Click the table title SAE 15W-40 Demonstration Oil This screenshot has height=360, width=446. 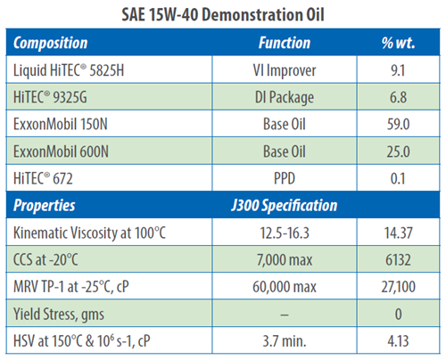(x=223, y=14)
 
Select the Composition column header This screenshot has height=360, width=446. (x=51, y=43)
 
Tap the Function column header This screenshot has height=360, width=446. (x=285, y=43)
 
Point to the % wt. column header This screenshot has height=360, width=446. (x=399, y=43)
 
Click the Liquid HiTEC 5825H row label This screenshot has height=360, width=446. (x=69, y=70)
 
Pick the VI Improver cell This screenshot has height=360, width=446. (x=285, y=70)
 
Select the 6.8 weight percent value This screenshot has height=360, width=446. (x=398, y=97)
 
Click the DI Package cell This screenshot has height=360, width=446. (x=285, y=98)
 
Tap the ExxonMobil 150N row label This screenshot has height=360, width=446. (x=61, y=124)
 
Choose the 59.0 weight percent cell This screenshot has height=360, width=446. (x=398, y=124)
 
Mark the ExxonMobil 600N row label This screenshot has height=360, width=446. (x=61, y=151)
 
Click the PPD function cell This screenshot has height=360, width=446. (x=285, y=178)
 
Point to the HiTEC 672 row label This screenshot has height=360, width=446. (x=43, y=178)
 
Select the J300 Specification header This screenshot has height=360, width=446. (x=285, y=206)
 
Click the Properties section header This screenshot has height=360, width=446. (x=45, y=206)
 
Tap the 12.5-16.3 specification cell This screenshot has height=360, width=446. (x=285, y=233)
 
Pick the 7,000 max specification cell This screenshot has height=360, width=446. (x=285, y=260)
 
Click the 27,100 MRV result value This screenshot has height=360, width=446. (x=398, y=287)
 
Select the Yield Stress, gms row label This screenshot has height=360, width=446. (x=59, y=315)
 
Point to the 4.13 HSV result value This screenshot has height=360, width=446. (x=398, y=341)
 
